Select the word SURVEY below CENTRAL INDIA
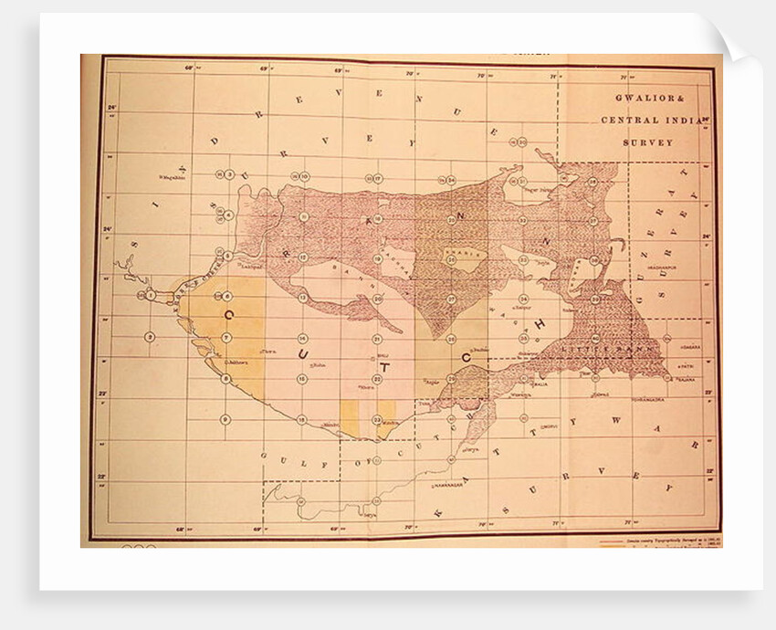[648, 142]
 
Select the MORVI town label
[549, 426]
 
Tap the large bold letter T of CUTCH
[383, 368]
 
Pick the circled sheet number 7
[225, 339]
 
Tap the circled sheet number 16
[301, 419]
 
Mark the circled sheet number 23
[376, 419]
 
